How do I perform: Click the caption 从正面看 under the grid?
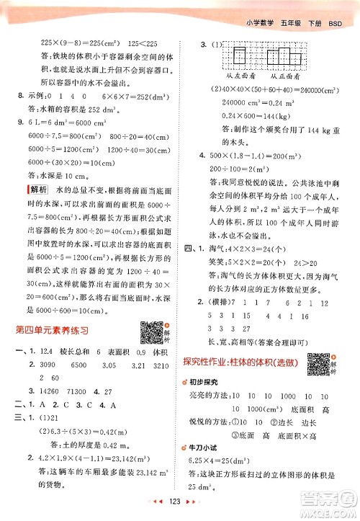tap(266, 76)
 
